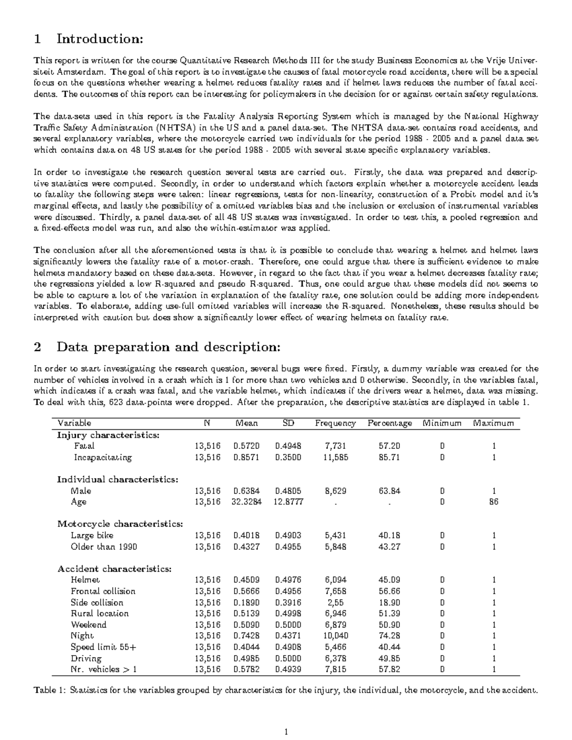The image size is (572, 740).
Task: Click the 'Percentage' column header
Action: pyautogui.click(x=389, y=423)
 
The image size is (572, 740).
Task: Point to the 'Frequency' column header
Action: pyautogui.click(x=335, y=423)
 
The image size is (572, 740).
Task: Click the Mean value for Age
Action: pyautogui.click(x=246, y=502)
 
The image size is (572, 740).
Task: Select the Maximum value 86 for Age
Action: pyautogui.click(x=494, y=502)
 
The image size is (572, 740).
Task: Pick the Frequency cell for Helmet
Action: pyautogui.click(x=336, y=580)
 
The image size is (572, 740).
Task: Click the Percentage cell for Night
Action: pyautogui.click(x=389, y=636)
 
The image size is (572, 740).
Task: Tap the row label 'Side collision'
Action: pyautogui.click(x=97, y=602)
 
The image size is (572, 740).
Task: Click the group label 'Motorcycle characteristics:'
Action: pyautogui.click(x=120, y=524)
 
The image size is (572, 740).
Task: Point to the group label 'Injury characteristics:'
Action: pyautogui.click(x=108, y=435)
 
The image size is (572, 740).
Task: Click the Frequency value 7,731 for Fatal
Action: pyautogui.click(x=336, y=446)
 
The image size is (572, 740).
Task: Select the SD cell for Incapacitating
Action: pyautogui.click(x=288, y=457)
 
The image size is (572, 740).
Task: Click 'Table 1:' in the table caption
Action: pyautogui.click(x=50, y=690)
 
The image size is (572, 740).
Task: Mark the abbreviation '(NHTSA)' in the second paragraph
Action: pyautogui.click(x=175, y=128)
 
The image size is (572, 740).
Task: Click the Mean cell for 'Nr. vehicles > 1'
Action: pyautogui.click(x=246, y=669)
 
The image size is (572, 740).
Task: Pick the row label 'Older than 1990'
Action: pyautogui.click(x=103, y=547)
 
